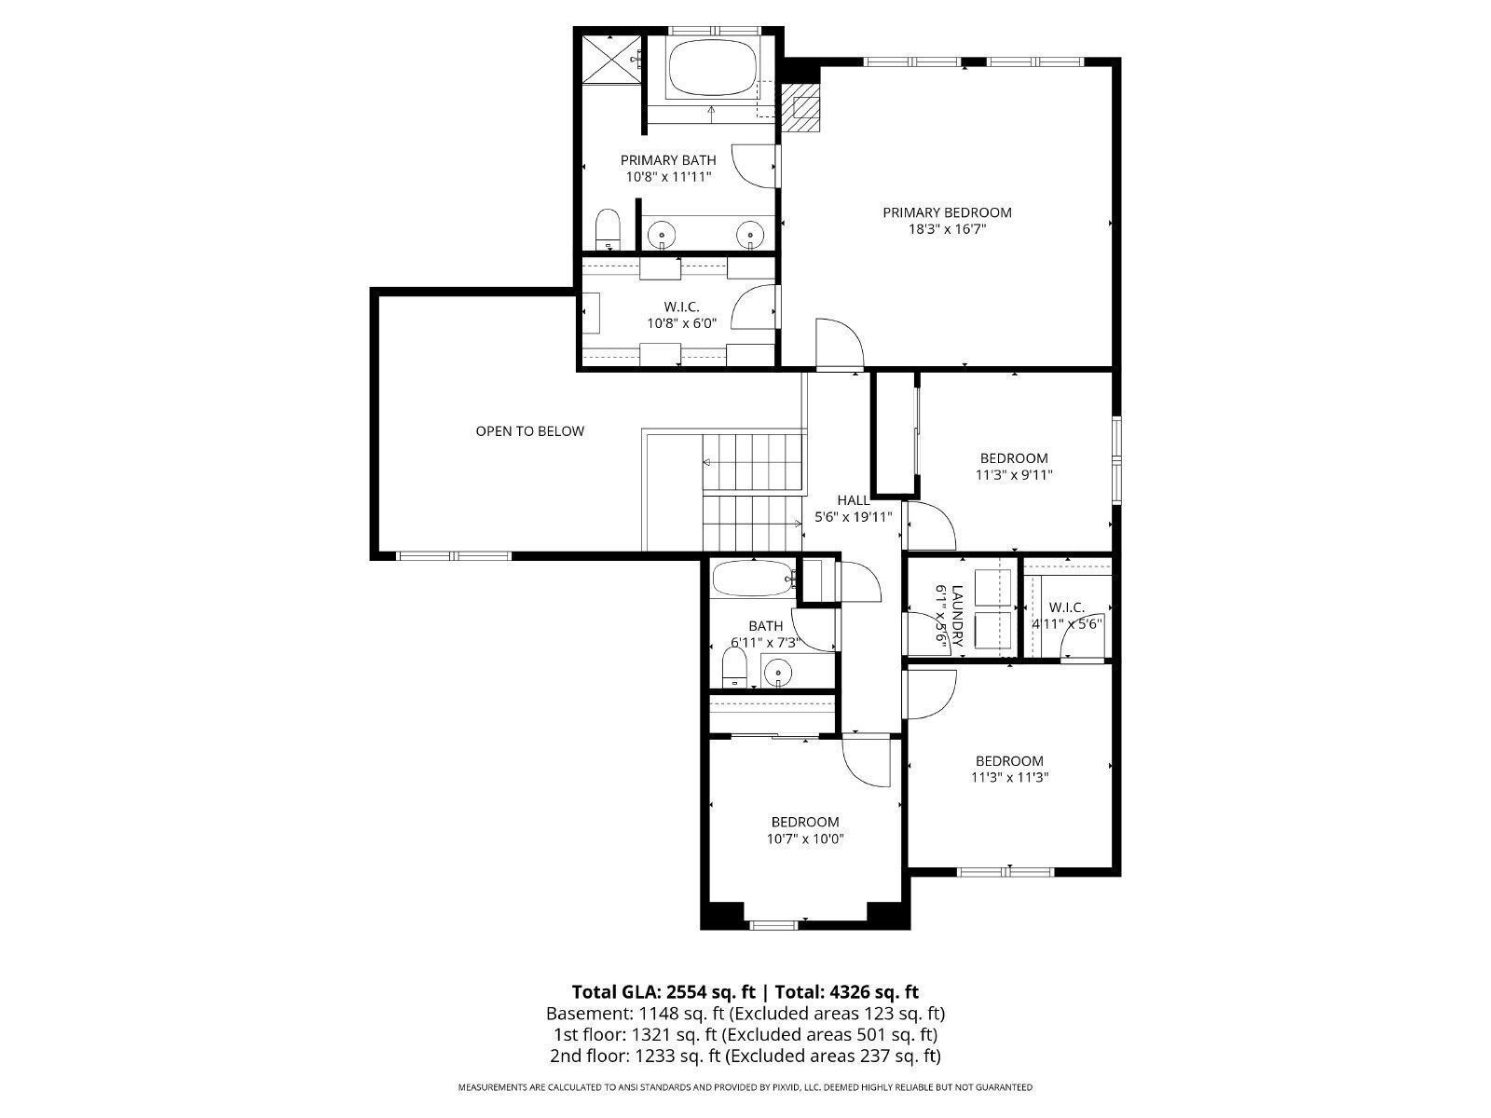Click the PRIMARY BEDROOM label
tap(947, 212)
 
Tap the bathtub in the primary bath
tap(714, 67)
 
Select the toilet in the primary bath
tap(608, 228)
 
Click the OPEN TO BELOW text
tap(529, 431)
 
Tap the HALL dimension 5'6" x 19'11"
tap(854, 517)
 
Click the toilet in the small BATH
tap(734, 666)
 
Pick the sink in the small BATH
tap(776, 670)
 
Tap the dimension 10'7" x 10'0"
tap(805, 838)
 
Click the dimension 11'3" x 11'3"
tap(1010, 777)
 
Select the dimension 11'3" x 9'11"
tap(1014, 474)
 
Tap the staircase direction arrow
tap(708, 462)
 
